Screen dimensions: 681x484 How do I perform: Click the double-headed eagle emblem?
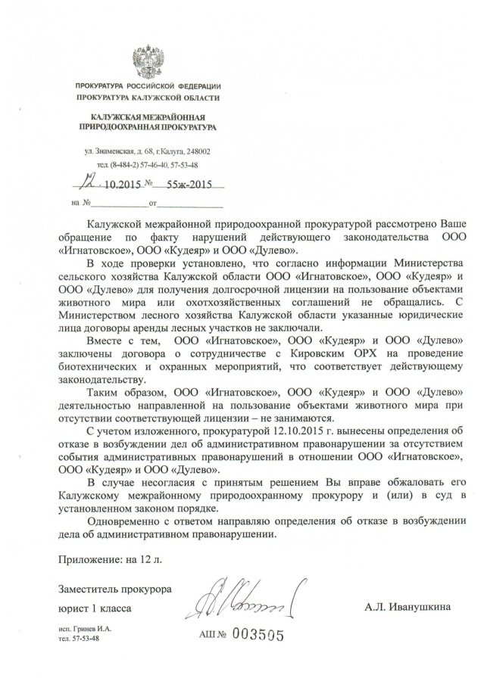click(x=148, y=61)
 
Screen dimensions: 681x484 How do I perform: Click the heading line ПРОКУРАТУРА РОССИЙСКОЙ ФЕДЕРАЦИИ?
click(x=148, y=88)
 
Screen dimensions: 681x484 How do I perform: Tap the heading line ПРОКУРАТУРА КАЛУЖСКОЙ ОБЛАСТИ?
click(x=148, y=98)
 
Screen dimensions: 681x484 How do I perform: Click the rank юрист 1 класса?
click(x=95, y=608)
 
